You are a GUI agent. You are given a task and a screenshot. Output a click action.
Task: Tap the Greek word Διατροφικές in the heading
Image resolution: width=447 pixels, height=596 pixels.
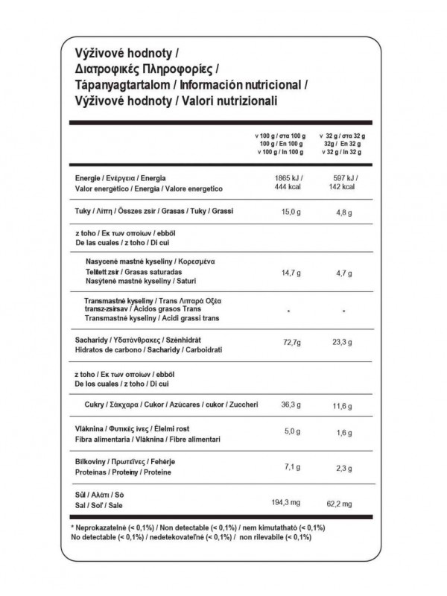98,69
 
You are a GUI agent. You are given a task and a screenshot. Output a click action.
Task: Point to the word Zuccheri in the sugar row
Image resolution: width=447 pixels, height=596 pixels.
241,405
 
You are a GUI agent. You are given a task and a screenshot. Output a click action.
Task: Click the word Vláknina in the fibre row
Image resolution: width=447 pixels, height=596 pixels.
89,431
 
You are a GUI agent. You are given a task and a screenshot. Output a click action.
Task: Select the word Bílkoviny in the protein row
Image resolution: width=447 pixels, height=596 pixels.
92,462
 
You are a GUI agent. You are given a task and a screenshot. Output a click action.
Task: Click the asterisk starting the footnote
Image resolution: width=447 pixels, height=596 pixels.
72,527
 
